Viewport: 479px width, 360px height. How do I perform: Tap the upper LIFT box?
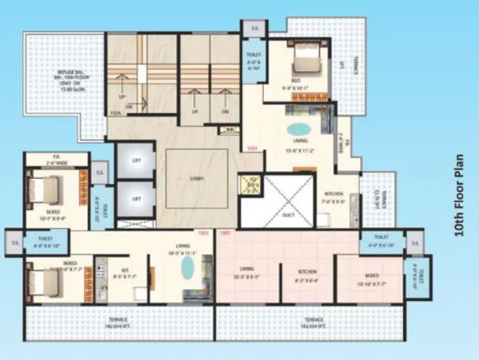coord(136,162)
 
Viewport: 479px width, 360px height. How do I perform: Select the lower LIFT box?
coord(136,197)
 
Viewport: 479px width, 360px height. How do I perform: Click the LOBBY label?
coord(196,178)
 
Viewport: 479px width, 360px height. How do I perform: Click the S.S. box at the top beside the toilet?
coord(255,28)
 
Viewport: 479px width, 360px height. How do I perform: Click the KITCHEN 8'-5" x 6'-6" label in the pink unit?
coord(307,276)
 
